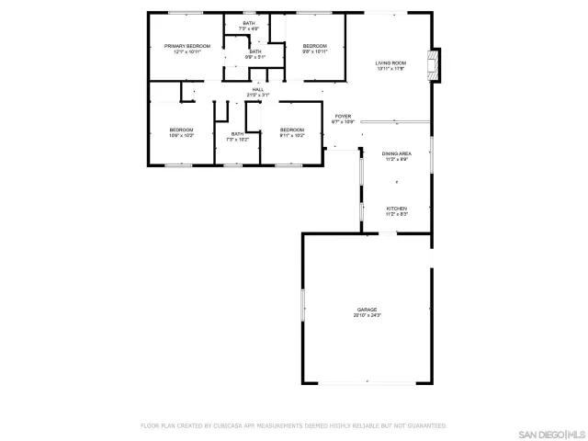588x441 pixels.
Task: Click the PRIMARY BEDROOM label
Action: click(x=187, y=45)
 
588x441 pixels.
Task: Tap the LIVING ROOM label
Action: click(x=390, y=62)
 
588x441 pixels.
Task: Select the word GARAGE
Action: click(x=367, y=310)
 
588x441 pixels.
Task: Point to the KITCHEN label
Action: click(x=396, y=209)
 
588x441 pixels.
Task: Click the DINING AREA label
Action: click(x=396, y=153)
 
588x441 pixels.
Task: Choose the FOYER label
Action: click(x=343, y=116)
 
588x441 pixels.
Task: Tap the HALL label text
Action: click(x=258, y=89)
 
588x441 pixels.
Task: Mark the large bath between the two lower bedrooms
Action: click(x=238, y=135)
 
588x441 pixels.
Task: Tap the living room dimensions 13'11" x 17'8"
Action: click(x=390, y=68)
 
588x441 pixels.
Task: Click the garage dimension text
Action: click(x=367, y=315)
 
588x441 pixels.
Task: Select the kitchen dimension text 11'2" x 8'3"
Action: click(x=396, y=214)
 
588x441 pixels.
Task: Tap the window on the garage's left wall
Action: click(x=302, y=305)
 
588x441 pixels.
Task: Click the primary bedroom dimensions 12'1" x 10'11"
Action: click(x=187, y=51)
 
